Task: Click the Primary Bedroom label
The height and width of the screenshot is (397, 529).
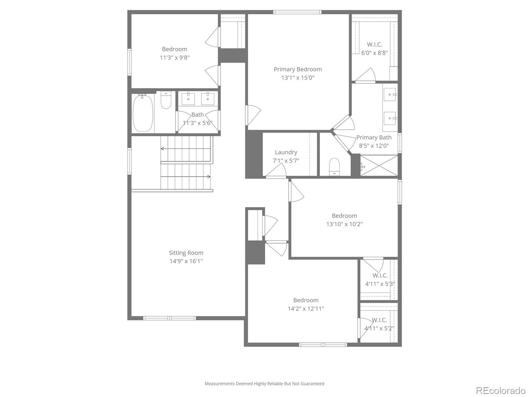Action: (x=298, y=69)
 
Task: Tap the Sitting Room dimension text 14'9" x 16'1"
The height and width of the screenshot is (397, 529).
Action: (x=186, y=261)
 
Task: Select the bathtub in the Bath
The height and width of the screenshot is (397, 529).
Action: (x=143, y=113)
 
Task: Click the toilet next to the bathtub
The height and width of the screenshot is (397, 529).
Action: (x=166, y=100)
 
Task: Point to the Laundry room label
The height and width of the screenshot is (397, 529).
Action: (x=286, y=152)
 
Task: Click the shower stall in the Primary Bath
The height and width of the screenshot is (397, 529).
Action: (x=379, y=165)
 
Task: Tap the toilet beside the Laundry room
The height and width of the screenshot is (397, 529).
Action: (x=335, y=166)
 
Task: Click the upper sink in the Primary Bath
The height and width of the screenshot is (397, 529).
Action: (x=390, y=95)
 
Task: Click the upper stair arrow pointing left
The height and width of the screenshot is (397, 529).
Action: (x=163, y=149)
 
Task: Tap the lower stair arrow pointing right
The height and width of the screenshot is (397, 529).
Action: (x=208, y=177)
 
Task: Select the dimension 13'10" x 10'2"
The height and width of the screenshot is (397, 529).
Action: (x=345, y=224)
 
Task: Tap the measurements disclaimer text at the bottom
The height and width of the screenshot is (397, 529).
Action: (x=264, y=384)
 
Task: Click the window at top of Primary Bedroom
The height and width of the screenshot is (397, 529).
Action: (x=297, y=12)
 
